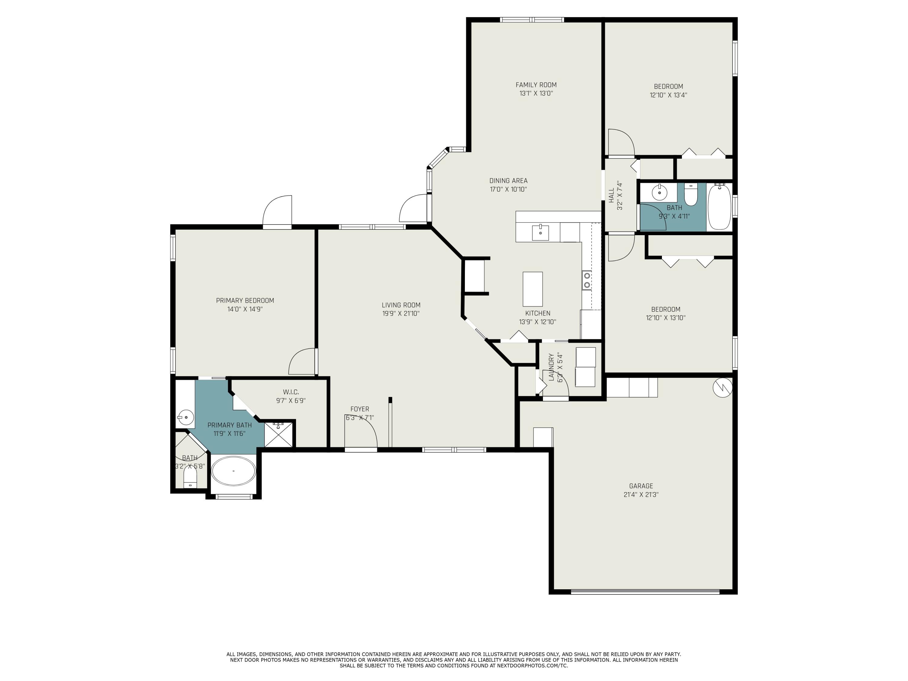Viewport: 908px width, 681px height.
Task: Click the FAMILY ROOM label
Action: pyautogui.click(x=536, y=85)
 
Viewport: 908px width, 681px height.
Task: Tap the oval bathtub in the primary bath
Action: pyautogui.click(x=233, y=471)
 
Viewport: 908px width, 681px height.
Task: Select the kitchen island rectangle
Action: pyautogui.click(x=532, y=289)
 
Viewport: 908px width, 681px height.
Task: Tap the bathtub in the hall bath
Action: pyautogui.click(x=719, y=206)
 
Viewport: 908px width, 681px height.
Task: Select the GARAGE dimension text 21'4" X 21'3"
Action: pyautogui.click(x=641, y=495)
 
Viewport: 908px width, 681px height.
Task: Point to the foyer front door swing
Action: pyautogui.click(x=361, y=435)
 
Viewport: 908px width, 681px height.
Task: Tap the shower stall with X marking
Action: pyautogui.click(x=279, y=434)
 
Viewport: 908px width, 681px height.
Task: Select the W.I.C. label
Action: pyautogui.click(x=291, y=392)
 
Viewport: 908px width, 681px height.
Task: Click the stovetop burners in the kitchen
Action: pyautogui.click(x=587, y=280)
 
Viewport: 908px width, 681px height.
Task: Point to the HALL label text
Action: pyautogui.click(x=611, y=196)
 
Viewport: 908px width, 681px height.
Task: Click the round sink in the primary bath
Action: pyautogui.click(x=186, y=417)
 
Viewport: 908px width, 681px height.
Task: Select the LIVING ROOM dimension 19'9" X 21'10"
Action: pyautogui.click(x=401, y=314)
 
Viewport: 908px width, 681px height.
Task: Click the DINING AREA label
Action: pyautogui.click(x=508, y=181)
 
